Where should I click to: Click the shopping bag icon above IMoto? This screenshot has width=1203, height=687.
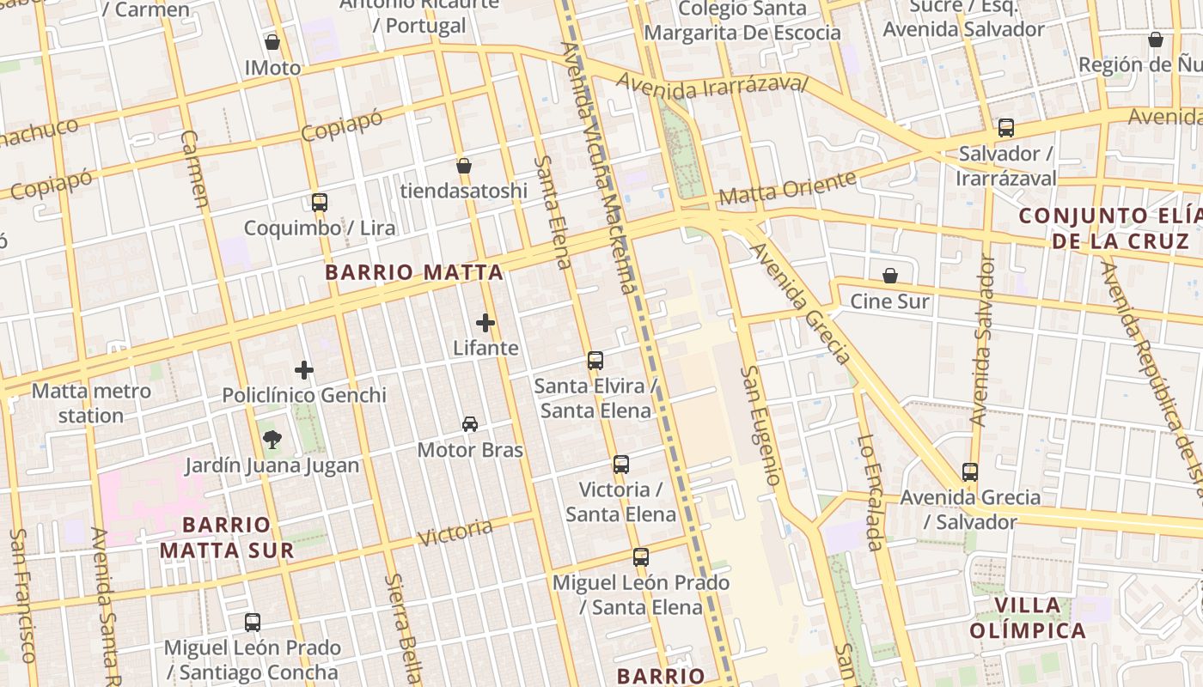click(272, 42)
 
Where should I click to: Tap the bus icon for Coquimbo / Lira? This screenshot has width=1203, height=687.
click(320, 203)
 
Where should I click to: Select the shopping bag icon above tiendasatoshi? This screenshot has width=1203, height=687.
click(464, 166)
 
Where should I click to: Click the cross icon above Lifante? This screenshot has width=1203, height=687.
click(485, 323)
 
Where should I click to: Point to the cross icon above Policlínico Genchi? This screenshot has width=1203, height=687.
click(304, 370)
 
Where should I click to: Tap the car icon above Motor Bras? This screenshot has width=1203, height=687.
click(470, 424)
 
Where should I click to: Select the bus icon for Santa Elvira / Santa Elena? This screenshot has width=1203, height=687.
click(595, 361)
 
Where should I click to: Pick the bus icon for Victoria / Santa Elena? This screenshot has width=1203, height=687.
click(621, 465)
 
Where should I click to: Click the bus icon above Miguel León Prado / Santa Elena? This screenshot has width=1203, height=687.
click(641, 557)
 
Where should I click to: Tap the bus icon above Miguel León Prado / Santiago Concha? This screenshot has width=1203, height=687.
click(253, 623)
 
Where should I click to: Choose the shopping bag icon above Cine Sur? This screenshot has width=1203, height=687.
click(890, 277)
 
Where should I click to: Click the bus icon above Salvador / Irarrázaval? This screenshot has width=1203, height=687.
click(1006, 128)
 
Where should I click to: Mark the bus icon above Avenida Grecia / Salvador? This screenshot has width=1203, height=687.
click(970, 472)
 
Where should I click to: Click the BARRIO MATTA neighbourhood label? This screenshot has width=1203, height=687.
click(414, 273)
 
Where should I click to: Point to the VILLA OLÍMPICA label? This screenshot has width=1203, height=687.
click(1028, 618)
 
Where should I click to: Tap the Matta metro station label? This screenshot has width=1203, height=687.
click(91, 404)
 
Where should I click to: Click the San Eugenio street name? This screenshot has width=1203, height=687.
click(760, 426)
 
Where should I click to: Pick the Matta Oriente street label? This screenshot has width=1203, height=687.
click(787, 188)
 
